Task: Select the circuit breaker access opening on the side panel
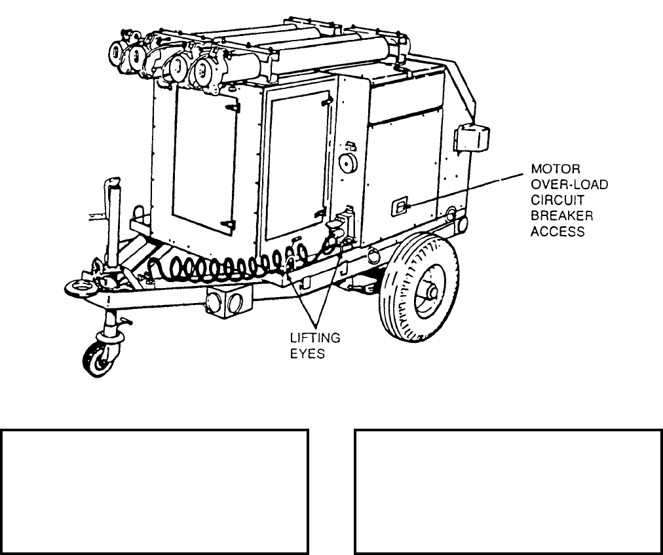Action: (398, 207)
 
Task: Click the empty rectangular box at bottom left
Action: (155, 492)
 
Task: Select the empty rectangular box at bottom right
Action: (508, 492)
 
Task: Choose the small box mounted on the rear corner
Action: (473, 138)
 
